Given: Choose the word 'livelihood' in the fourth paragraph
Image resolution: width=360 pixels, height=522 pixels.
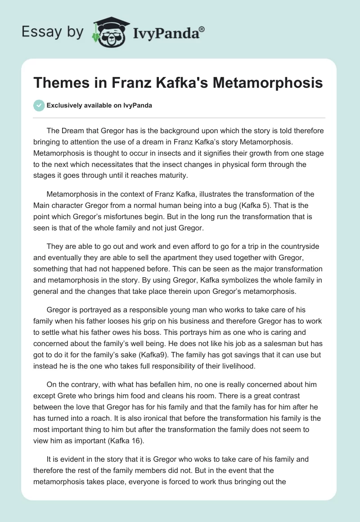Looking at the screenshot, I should pyautogui.click(x=237, y=366).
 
